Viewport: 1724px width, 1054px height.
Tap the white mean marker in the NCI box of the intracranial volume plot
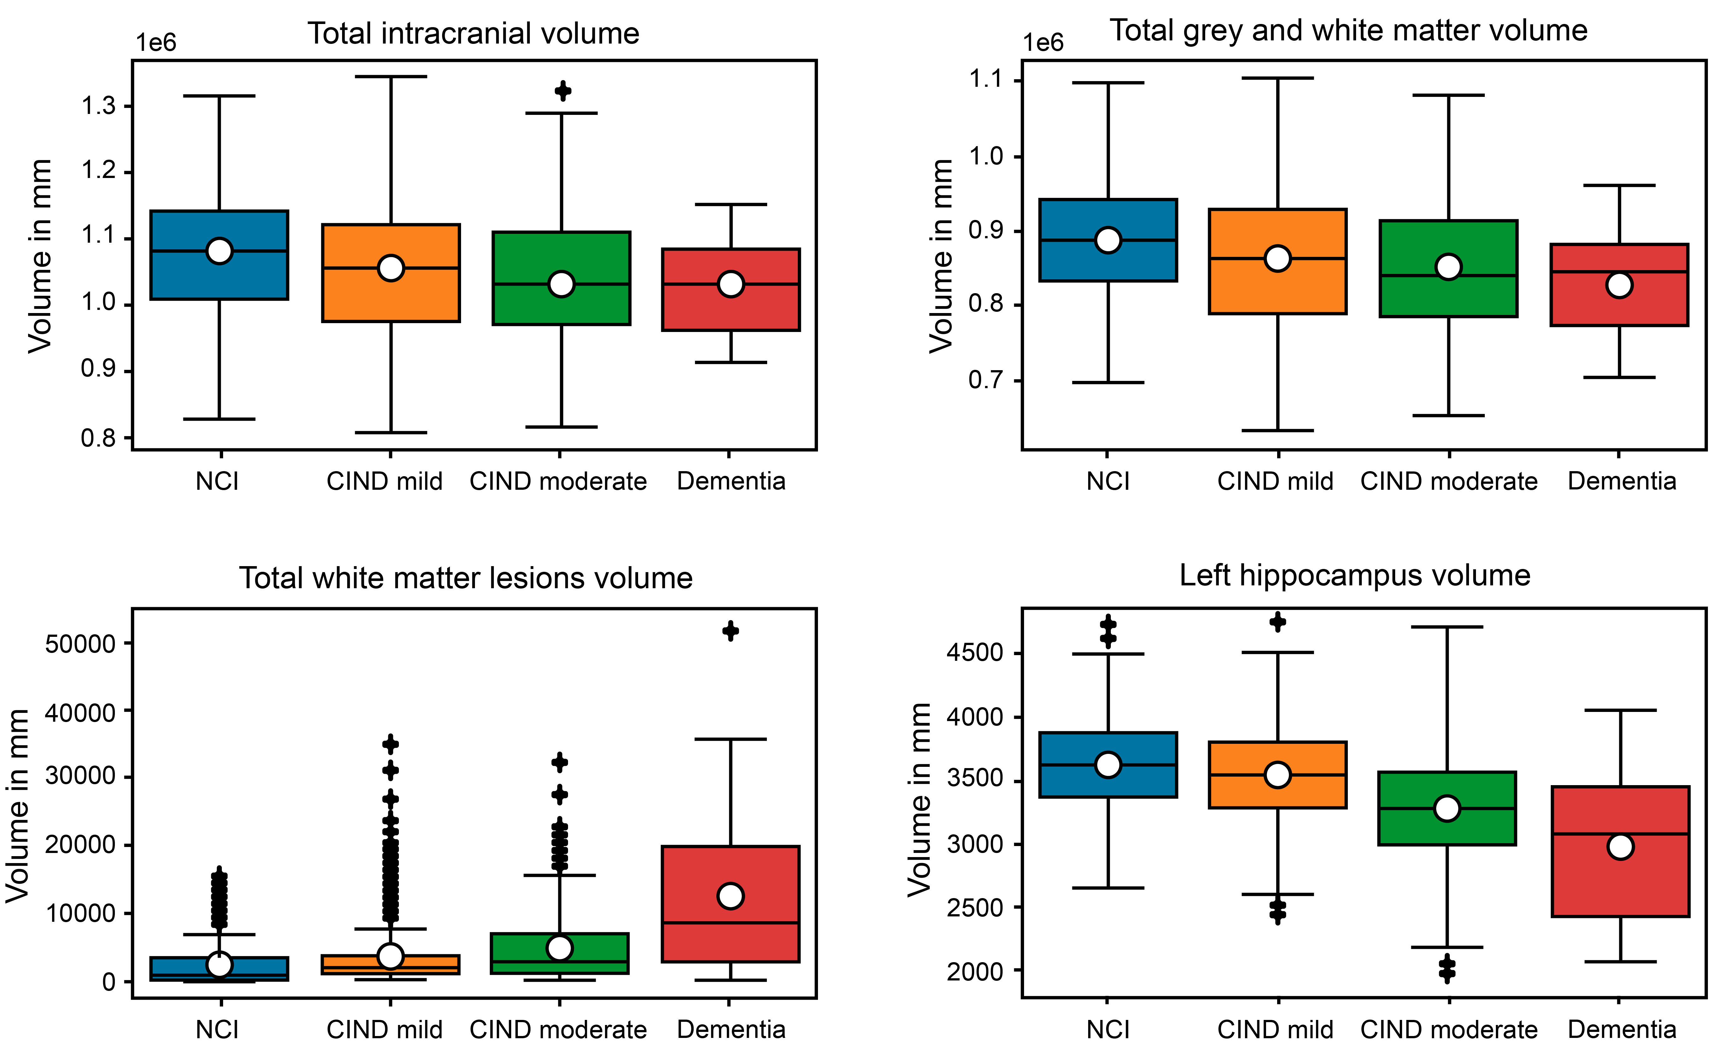pyautogui.click(x=220, y=251)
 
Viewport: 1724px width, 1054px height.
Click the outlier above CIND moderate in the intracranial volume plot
pyautogui.click(x=563, y=91)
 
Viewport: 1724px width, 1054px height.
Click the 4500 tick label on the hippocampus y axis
pyautogui.click(x=975, y=653)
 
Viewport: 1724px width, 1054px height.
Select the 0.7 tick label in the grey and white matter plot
pyautogui.click(x=986, y=381)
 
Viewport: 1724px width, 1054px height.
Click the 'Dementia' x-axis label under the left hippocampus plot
pyautogui.click(x=1622, y=1029)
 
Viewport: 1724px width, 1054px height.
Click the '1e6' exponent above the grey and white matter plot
pyautogui.click(x=1043, y=43)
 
